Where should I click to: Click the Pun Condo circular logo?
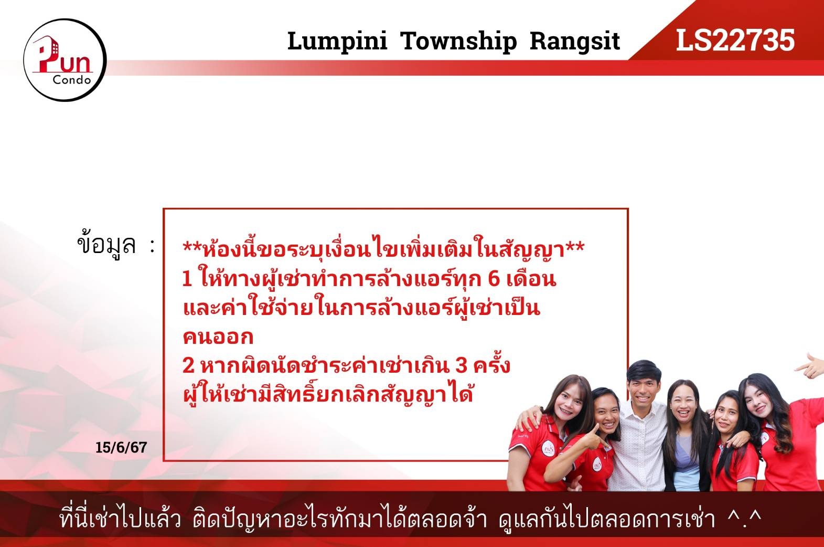(65, 60)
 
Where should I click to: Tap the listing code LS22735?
(735, 40)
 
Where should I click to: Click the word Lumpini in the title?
(337, 41)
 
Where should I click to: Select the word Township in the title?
(458, 41)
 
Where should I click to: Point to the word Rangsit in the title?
(575, 41)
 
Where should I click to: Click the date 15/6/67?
(121, 447)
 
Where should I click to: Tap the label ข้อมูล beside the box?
(106, 244)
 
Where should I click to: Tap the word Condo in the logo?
(72, 80)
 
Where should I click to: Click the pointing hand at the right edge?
(809, 366)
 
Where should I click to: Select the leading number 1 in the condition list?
(187, 279)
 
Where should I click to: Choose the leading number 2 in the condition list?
(188, 365)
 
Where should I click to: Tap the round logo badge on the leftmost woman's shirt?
(548, 449)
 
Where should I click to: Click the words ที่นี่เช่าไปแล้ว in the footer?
(120, 518)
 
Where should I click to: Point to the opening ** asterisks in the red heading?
(192, 247)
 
